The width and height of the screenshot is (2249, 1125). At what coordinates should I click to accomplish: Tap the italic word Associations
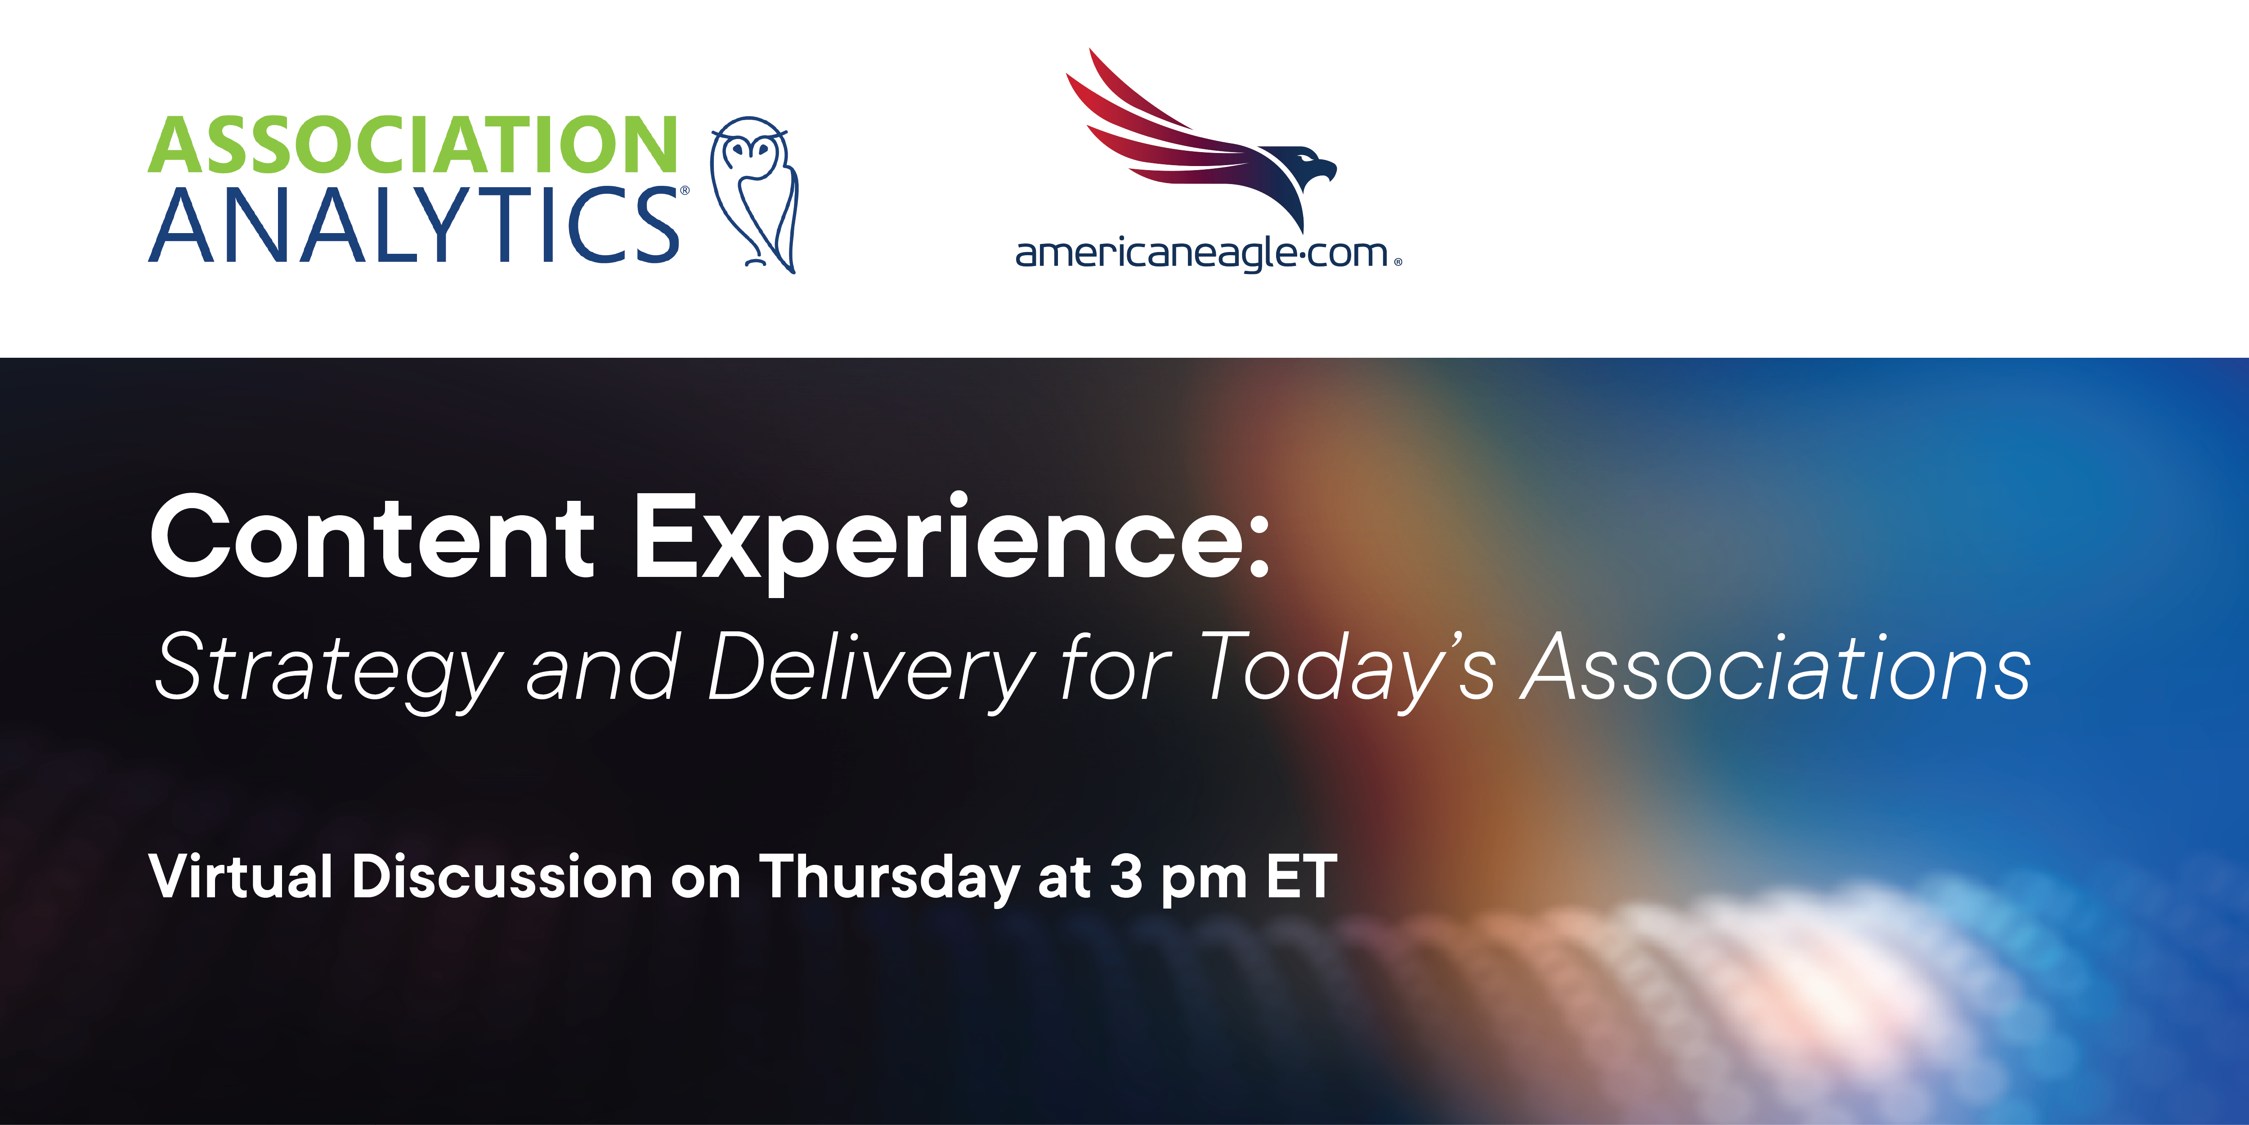pos(1777,668)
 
